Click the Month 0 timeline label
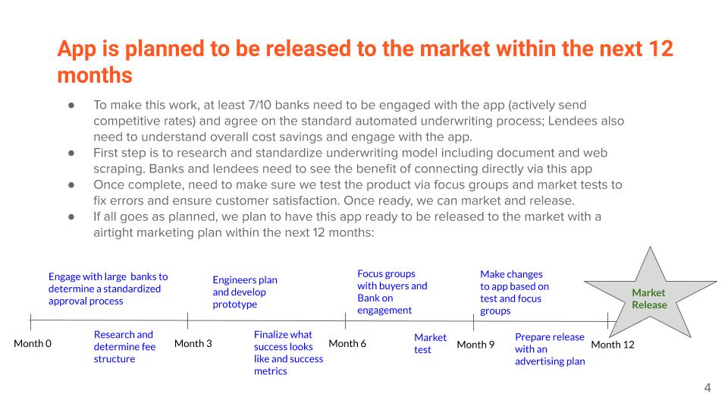33,343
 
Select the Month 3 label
193,343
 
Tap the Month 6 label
347,343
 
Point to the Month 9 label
475,345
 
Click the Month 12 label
613,345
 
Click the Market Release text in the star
649,299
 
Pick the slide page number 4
708,388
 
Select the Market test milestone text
430,343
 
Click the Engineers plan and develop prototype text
245,292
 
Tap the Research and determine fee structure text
124,347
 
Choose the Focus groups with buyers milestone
392,292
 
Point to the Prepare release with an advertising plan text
550,349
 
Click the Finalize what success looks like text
288,353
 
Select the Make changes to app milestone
514,292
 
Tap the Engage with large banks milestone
108,289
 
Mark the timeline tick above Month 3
187,320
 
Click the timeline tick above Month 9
473,322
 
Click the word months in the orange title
96,75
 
